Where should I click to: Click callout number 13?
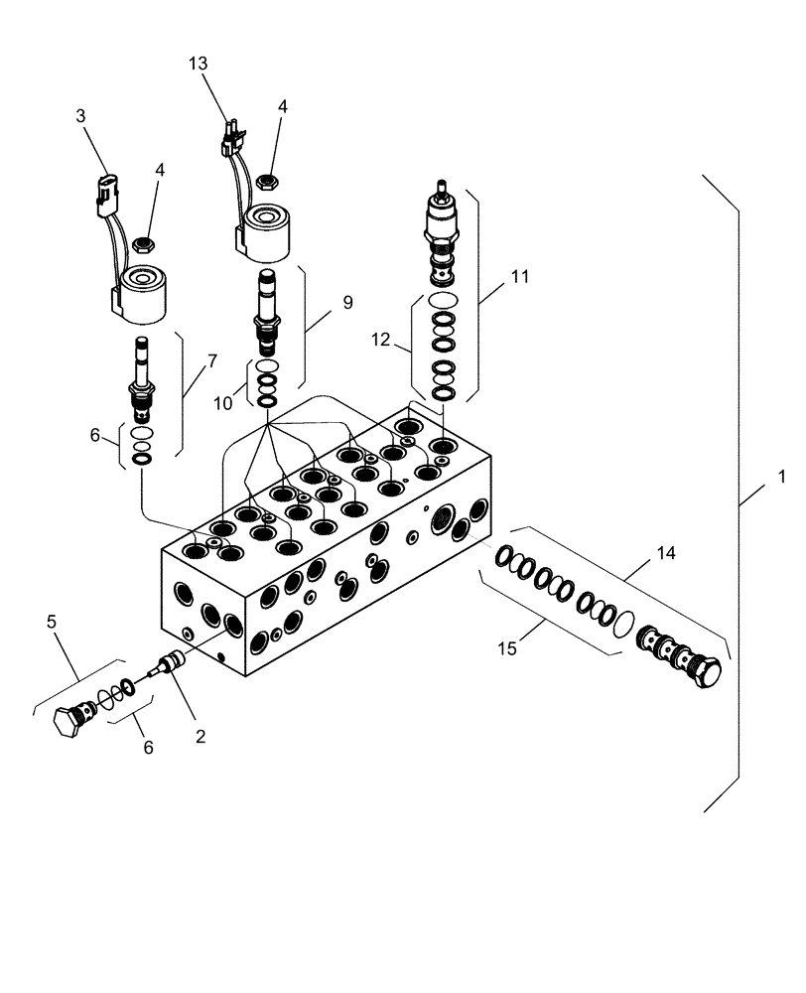pos(199,64)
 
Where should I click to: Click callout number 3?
pos(80,116)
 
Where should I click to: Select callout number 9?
pos(347,303)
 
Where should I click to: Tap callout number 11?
pos(519,279)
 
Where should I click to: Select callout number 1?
pos(782,477)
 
